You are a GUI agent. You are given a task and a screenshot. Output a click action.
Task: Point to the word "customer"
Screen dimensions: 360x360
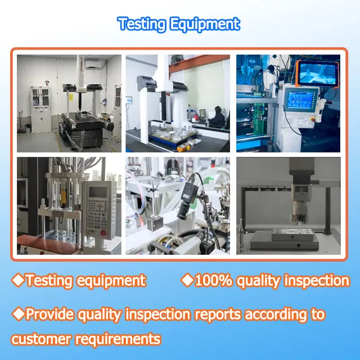[42, 339]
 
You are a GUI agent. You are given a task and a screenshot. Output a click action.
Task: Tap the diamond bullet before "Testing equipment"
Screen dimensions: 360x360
[18, 280]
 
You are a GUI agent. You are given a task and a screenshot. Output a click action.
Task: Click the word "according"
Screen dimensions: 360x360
[275, 314]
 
